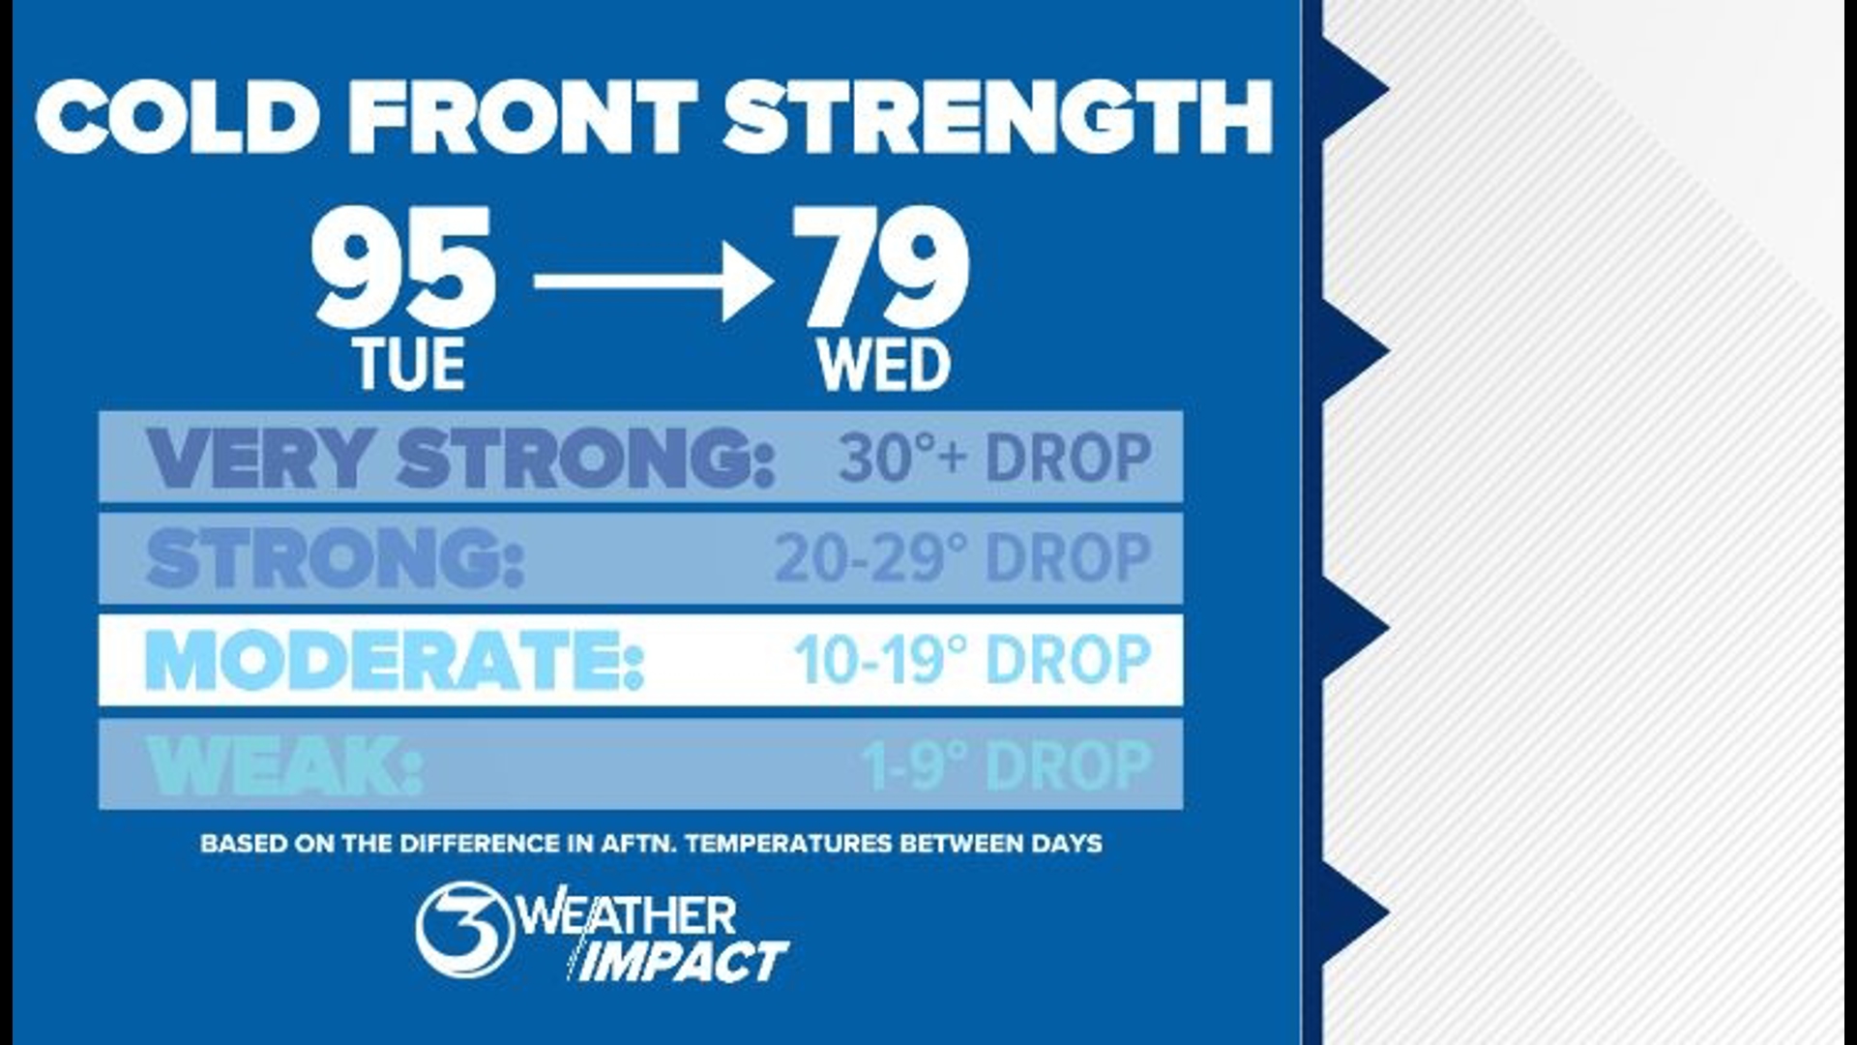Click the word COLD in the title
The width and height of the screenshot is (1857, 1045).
177,116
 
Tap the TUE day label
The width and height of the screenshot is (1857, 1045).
410,366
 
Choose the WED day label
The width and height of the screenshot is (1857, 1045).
884,366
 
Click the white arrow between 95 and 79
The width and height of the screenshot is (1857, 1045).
653,283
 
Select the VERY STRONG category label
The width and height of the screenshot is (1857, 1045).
460,458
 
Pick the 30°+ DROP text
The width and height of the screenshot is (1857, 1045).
995,458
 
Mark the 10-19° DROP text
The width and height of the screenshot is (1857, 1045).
972,661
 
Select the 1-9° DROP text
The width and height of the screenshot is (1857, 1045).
1007,765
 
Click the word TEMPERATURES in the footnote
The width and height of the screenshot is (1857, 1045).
788,844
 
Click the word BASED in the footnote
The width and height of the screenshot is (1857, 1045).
232,844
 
